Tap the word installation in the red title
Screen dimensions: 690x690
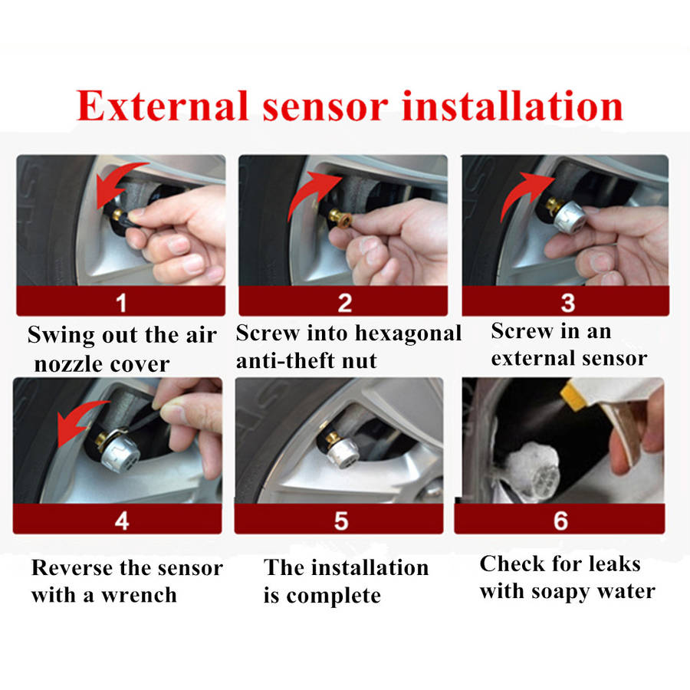[x=513, y=106]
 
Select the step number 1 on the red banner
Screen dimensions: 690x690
[x=121, y=303]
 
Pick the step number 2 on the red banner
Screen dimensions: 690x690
[x=344, y=303]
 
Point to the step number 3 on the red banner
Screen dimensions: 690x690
[x=567, y=303]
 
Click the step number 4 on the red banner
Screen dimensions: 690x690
[x=121, y=521]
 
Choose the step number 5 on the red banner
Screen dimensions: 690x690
[x=341, y=521]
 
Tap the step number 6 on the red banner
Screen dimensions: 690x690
[x=560, y=521]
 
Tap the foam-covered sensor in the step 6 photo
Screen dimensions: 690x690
[x=533, y=469]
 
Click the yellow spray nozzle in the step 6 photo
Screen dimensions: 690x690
[x=573, y=394]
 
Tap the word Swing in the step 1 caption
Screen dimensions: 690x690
[x=61, y=336]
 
